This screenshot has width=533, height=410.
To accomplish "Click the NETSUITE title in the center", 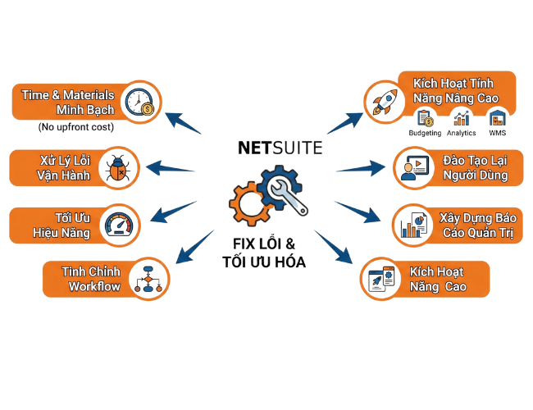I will (280, 148).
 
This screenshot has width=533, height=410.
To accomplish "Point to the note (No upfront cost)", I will (75, 128).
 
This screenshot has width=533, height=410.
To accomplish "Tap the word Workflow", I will (94, 286).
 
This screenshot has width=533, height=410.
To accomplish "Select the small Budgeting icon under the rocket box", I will (426, 121).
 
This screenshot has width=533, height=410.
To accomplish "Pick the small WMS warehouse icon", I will (496, 121).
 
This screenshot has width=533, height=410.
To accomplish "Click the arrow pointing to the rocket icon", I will (344, 121).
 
